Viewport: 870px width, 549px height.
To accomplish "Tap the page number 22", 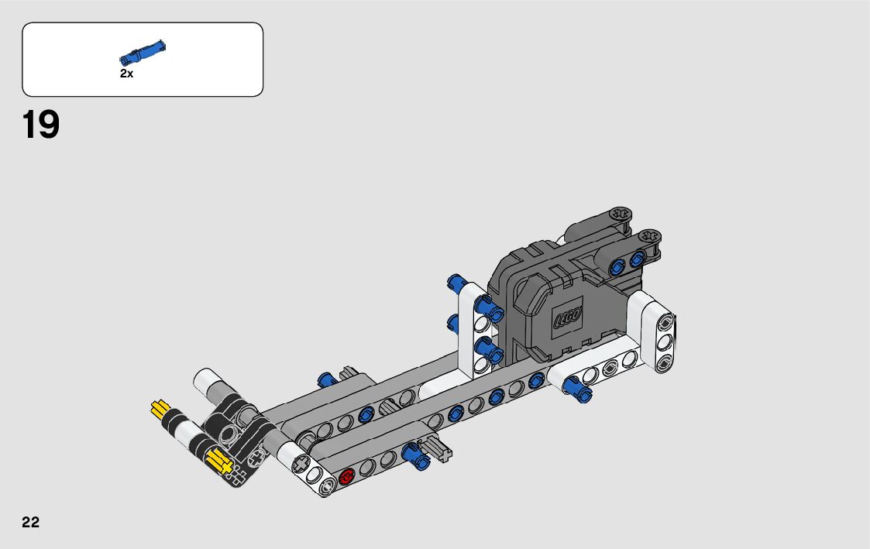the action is [30, 522].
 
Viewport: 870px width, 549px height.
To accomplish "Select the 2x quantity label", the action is [126, 74].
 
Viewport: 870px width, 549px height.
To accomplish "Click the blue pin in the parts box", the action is [143, 52].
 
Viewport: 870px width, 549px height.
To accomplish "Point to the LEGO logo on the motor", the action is [568, 317].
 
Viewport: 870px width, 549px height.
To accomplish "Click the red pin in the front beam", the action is [347, 475].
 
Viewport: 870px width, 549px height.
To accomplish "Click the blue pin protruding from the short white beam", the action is [578, 388].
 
